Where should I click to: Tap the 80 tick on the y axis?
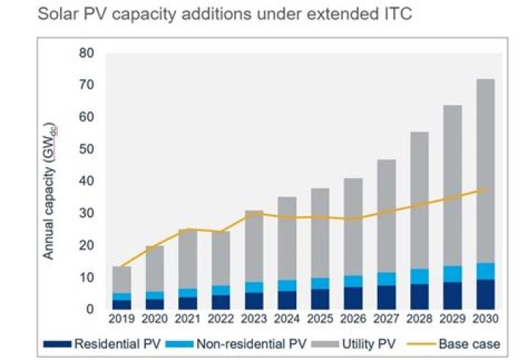[87, 54]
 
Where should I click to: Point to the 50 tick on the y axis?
[87, 150]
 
